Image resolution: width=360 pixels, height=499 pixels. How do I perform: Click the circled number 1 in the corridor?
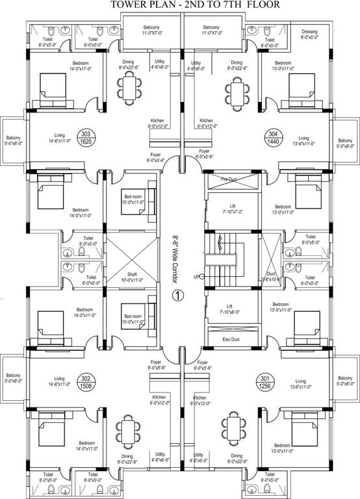(177, 295)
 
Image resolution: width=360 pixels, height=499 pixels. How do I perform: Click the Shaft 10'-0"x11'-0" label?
(133, 277)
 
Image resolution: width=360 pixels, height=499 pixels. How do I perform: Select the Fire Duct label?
(228, 179)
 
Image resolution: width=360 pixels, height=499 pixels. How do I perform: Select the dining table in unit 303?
(129, 86)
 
